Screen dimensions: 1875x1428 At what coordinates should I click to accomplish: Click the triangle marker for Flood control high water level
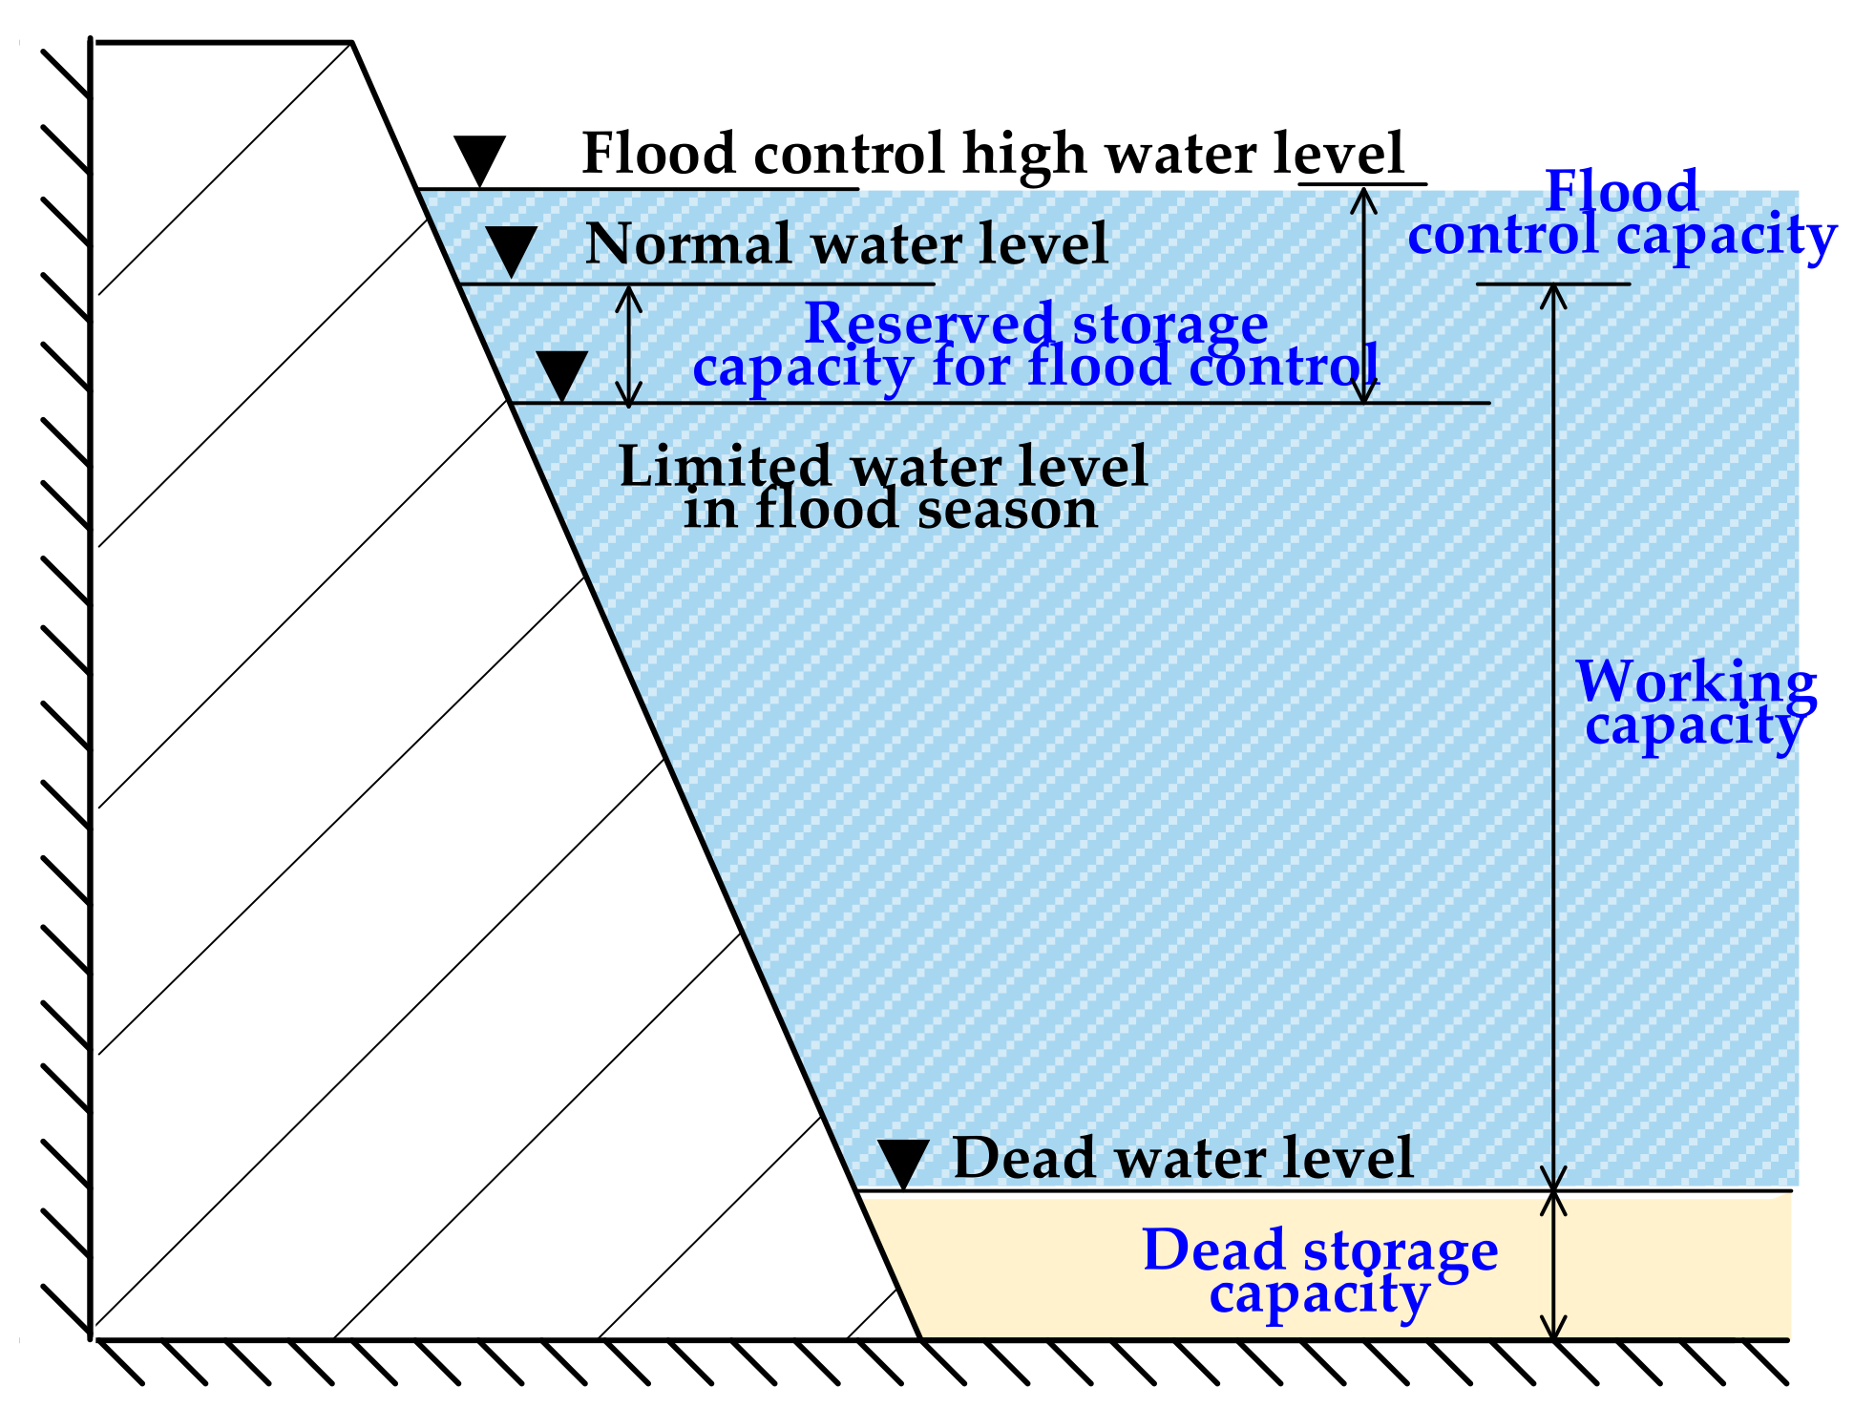coord(479,159)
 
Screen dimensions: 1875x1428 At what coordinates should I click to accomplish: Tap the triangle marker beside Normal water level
coord(512,251)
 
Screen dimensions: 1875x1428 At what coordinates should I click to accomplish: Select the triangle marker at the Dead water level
coord(903,1163)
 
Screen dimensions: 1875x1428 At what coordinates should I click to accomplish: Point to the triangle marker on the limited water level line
coord(561,374)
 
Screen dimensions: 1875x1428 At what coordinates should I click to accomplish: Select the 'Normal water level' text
coord(847,243)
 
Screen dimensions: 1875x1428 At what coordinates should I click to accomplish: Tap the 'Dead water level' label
coord(1183,1158)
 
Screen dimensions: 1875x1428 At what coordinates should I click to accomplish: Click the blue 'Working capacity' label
coord(1696,703)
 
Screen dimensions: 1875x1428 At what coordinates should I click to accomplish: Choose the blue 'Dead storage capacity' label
coord(1319,1271)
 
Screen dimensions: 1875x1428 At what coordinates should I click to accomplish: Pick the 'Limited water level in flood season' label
coord(884,487)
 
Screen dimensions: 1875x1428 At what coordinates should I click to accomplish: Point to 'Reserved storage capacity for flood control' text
coord(1037,345)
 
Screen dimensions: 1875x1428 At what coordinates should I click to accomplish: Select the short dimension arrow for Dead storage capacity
coord(1554,1266)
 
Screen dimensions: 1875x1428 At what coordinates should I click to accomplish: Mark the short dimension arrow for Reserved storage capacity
coord(628,345)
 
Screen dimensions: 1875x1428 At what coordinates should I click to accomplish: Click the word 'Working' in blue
coord(1696,682)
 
